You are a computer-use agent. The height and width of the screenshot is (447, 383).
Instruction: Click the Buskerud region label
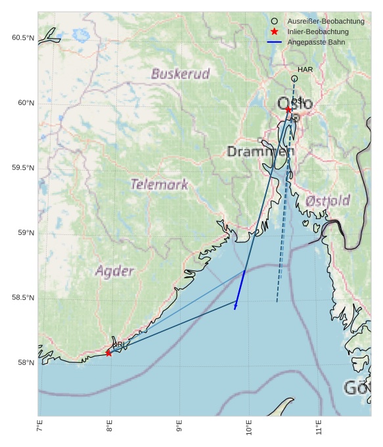(x=180, y=74)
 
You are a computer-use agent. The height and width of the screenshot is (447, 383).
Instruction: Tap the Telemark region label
(x=159, y=184)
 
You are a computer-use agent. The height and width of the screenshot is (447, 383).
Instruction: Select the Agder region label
(x=114, y=270)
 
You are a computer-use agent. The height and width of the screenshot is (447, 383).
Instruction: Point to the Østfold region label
(x=328, y=200)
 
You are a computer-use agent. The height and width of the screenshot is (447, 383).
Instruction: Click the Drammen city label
(x=260, y=152)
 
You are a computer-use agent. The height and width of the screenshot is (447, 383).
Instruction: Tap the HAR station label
(x=305, y=70)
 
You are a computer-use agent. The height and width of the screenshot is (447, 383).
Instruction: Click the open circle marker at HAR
(x=294, y=79)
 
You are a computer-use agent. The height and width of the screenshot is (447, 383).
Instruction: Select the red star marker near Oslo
(x=288, y=110)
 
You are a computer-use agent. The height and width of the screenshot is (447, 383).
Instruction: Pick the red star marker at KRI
(x=108, y=353)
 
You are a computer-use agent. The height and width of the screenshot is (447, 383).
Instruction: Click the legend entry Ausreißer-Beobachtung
(x=317, y=21)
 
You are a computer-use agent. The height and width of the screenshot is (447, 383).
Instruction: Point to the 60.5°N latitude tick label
(x=22, y=38)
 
